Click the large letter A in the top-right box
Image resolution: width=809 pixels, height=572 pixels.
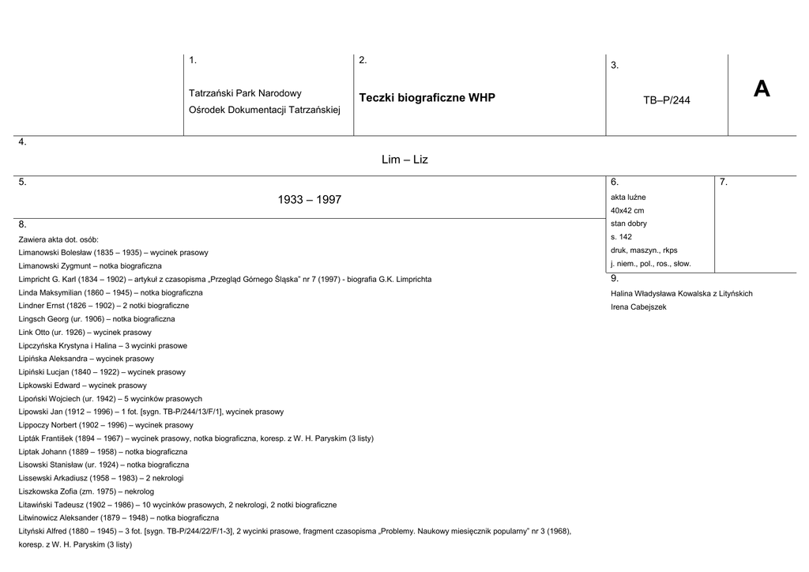pyautogui.click(x=761, y=89)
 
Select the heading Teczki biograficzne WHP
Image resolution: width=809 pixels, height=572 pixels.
pyautogui.click(x=427, y=98)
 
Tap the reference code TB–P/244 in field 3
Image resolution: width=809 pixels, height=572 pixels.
pyautogui.click(x=666, y=100)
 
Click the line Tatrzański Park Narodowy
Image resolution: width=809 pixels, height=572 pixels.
pyautogui.click(x=245, y=93)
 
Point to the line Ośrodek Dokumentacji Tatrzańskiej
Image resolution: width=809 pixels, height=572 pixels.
pyautogui.click(x=264, y=110)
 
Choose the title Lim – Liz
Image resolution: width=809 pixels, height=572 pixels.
pyautogui.click(x=404, y=160)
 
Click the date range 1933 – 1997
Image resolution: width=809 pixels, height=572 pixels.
pyautogui.click(x=310, y=200)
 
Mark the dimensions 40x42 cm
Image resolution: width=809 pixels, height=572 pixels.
pyautogui.click(x=627, y=210)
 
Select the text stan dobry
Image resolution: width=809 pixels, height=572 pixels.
pyautogui.click(x=629, y=224)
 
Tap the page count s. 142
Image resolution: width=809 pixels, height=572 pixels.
pyautogui.click(x=621, y=237)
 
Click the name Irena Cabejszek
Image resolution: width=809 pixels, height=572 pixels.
pyautogui.click(x=638, y=307)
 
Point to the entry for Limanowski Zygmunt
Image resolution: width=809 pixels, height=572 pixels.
pyautogui.click(x=90, y=266)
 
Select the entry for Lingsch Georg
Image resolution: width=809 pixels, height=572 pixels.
pyautogui.click(x=96, y=319)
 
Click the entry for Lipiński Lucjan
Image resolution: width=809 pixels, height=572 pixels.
pyautogui.click(x=102, y=372)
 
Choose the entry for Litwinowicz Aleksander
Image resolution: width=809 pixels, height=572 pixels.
pyautogui.click(x=119, y=517)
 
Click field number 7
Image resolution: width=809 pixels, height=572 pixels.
pyautogui.click(x=723, y=183)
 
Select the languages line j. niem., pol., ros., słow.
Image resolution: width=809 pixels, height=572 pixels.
pyautogui.click(x=650, y=264)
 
